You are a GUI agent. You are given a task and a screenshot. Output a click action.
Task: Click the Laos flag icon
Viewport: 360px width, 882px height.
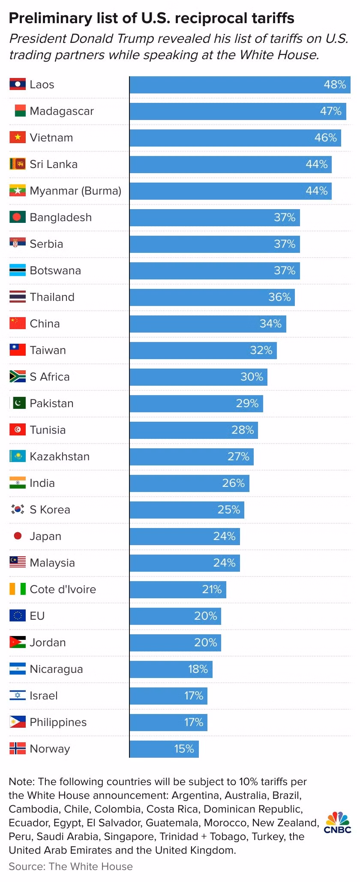coord(18,84)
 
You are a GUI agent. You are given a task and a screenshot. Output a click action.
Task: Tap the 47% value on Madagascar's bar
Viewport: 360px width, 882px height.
coord(330,111)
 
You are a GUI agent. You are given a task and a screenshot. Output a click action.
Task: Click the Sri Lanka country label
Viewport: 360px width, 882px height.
coord(54,164)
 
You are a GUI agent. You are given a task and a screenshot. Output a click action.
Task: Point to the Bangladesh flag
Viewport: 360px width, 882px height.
coord(18,217)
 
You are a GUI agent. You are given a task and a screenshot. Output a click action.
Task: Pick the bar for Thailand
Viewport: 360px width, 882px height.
coord(212,297)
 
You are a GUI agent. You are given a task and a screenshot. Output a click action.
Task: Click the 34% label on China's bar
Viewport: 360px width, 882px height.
coord(270,324)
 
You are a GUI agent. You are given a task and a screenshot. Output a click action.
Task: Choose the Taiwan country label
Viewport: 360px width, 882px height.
coord(48,350)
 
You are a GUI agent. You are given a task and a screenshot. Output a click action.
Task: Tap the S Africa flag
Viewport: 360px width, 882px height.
coord(18,377)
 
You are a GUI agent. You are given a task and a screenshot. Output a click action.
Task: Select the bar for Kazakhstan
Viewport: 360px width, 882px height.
coord(191,456)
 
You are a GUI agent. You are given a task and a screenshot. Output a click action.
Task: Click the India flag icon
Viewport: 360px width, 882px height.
coord(18,483)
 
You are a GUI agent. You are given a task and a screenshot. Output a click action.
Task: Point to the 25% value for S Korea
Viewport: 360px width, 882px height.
coord(229,510)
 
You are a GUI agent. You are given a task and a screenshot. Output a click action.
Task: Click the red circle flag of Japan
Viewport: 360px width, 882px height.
coord(18,536)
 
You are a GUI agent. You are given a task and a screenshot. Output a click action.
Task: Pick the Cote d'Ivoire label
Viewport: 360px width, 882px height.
coord(63,589)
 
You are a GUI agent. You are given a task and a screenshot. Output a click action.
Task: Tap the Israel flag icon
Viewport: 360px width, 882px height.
coord(18,696)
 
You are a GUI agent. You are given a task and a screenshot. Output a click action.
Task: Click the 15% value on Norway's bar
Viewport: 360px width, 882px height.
coord(184,749)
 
